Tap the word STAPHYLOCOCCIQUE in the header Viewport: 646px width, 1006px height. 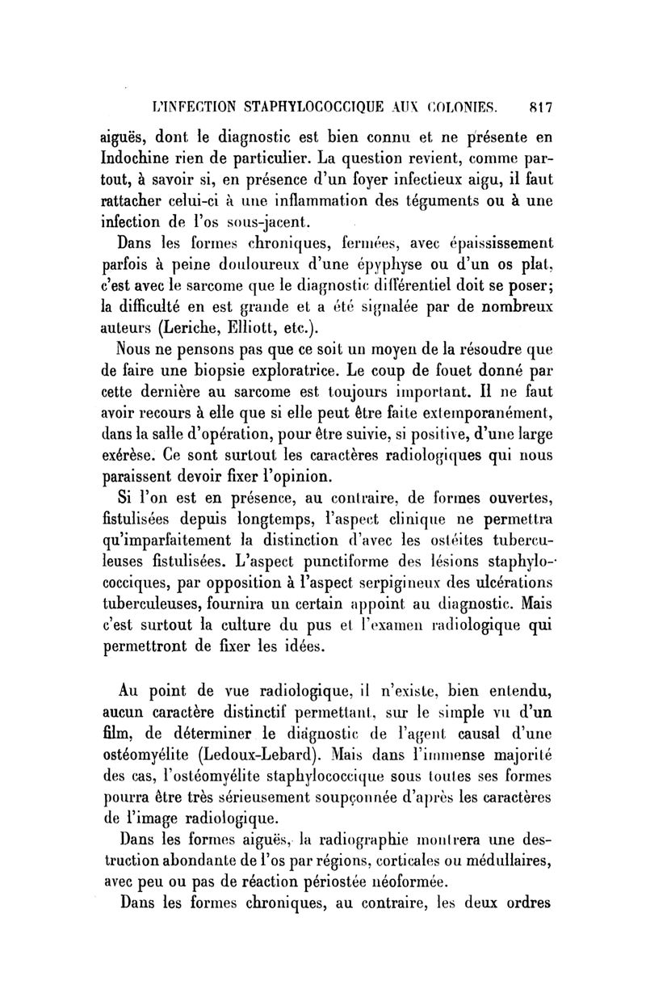[305, 104]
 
